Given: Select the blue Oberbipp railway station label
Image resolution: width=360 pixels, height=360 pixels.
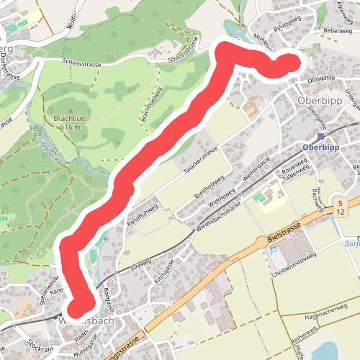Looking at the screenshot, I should point(321,147).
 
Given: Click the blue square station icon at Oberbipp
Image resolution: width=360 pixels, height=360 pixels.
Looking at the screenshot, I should point(321,136).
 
